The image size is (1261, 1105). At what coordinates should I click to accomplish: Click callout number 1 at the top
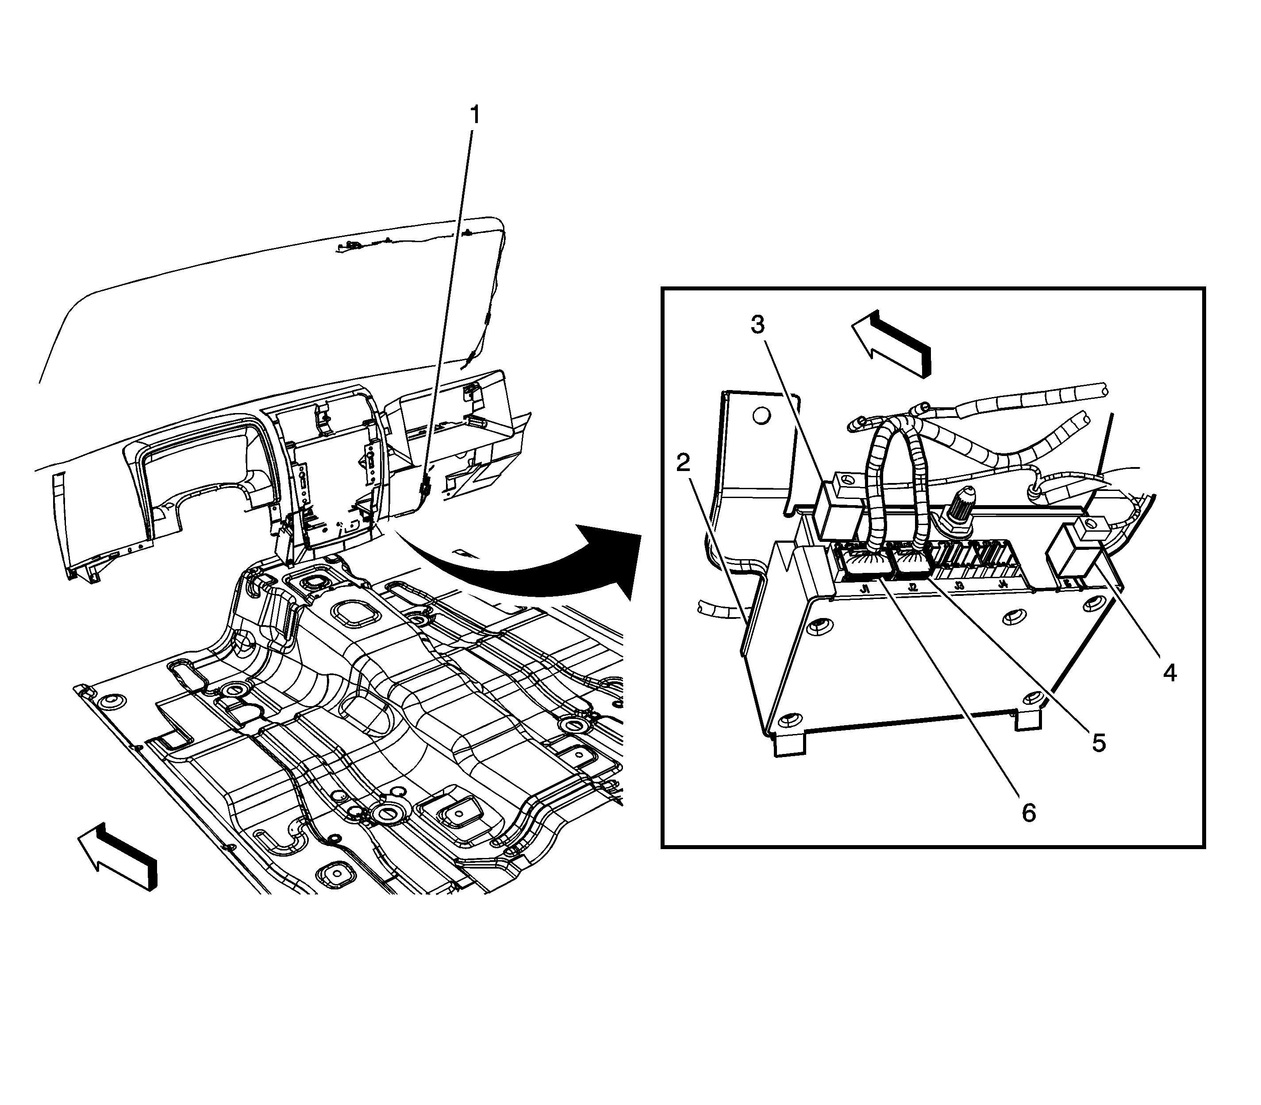click(474, 115)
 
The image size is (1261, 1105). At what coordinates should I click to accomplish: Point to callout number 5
click(1099, 743)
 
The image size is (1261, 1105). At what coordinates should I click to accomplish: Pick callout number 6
click(1029, 813)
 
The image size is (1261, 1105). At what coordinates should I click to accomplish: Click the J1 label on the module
click(865, 589)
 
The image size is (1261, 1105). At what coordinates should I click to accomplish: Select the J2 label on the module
click(913, 588)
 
